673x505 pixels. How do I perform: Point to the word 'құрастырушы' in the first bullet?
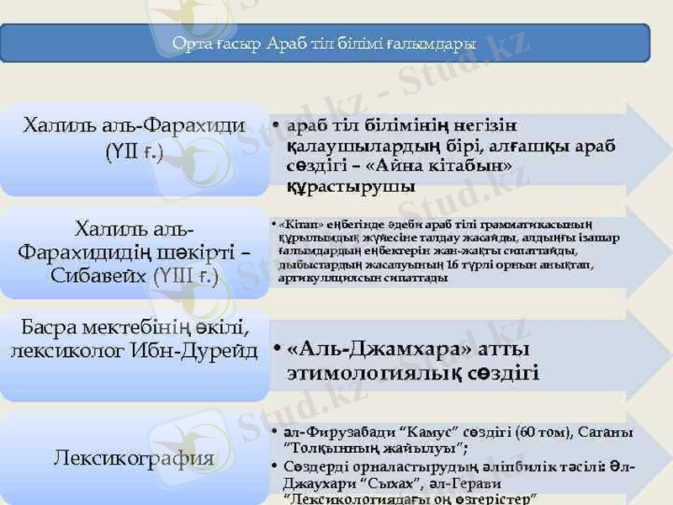350,185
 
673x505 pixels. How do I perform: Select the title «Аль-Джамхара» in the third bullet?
374,348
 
